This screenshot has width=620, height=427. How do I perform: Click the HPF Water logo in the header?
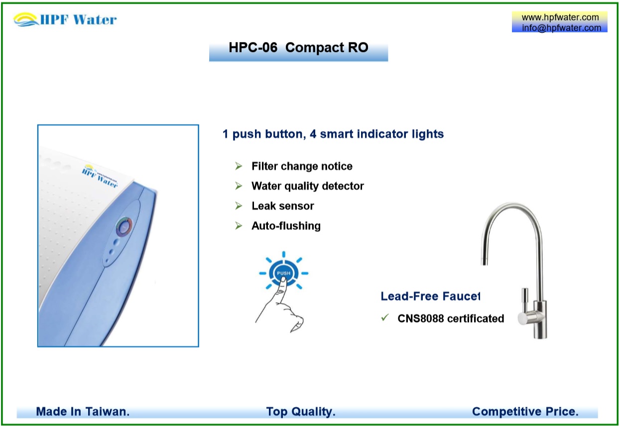click(65, 20)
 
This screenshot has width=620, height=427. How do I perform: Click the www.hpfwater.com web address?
click(560, 17)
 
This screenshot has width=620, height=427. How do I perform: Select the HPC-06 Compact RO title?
click(298, 48)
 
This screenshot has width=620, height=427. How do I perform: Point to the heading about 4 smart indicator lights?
click(333, 134)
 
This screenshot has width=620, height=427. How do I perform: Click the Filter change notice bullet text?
click(302, 166)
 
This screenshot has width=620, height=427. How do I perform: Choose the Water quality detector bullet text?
click(307, 186)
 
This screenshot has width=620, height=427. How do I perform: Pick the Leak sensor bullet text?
click(282, 206)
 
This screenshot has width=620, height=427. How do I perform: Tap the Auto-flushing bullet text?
click(286, 226)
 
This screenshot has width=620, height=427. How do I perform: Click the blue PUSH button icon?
click(283, 273)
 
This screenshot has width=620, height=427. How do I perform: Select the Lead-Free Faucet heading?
click(430, 296)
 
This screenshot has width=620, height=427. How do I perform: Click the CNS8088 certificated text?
click(451, 318)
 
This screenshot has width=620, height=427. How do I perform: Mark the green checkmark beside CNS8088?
click(384, 317)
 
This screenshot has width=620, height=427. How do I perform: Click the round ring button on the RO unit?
click(124, 227)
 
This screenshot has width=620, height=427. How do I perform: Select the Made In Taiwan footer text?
click(83, 412)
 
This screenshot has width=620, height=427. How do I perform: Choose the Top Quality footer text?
click(300, 412)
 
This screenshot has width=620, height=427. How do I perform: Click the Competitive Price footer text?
click(525, 412)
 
